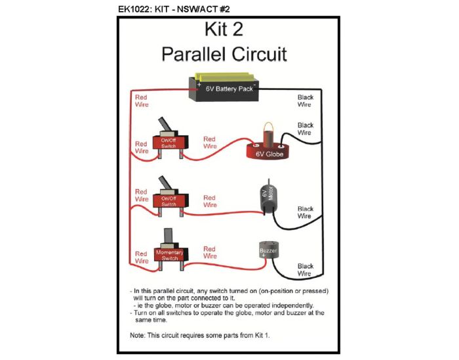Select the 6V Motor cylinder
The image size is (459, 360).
[x=269, y=196]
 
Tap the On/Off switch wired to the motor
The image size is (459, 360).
[x=169, y=200]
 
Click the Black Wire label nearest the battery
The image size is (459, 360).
[x=305, y=101]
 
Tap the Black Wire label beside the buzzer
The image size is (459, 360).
[x=305, y=269]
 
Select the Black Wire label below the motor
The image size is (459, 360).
[x=305, y=212]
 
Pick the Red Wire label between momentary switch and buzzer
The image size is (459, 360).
[x=209, y=253]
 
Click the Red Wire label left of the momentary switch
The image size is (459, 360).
[x=141, y=257]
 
